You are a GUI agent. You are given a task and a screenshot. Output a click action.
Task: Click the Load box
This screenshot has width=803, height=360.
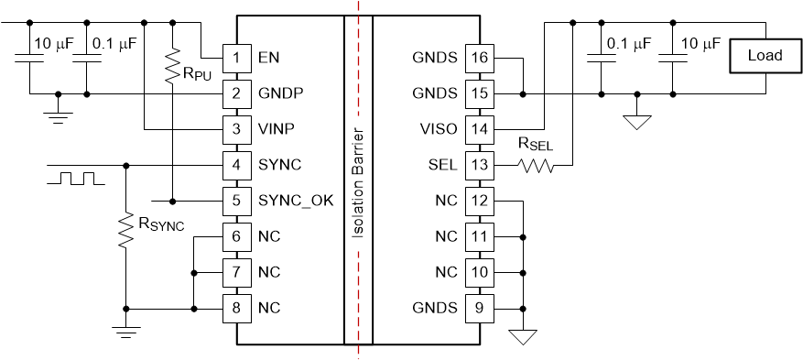(765, 56)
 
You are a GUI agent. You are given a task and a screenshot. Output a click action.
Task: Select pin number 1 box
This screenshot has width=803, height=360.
(236, 58)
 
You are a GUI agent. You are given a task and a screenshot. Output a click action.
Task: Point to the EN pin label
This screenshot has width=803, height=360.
(268, 58)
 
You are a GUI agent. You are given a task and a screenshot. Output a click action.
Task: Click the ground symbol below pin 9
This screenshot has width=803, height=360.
(523, 337)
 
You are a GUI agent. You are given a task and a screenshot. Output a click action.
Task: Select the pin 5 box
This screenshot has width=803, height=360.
(236, 201)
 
